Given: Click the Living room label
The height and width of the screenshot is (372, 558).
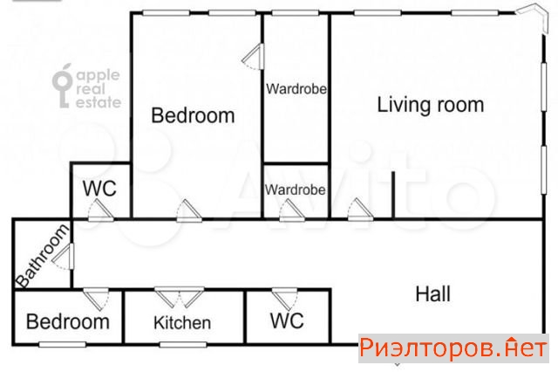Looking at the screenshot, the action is click(430, 105).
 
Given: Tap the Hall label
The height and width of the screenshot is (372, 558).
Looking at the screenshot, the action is click(432, 294).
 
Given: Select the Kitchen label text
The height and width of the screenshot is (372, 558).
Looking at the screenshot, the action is click(182, 323).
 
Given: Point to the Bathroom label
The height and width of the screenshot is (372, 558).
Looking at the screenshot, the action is click(43, 256).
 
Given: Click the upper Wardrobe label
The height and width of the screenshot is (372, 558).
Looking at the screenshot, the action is click(296, 89).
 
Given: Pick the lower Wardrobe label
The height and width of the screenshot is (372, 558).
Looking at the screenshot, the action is click(295, 189).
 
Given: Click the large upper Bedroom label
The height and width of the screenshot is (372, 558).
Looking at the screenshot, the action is click(193, 115).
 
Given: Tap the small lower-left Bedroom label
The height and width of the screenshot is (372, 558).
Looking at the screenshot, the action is click(68, 321).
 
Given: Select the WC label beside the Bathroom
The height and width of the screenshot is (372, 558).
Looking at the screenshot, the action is click(99, 188).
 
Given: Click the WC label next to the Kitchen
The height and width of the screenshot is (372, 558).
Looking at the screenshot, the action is click(287, 320).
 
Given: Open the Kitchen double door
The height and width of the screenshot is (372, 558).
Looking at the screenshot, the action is click(180, 297).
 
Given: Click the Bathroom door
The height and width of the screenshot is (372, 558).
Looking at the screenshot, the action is click(64, 256).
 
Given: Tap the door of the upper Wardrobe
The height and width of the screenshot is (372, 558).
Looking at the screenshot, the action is click(254, 56).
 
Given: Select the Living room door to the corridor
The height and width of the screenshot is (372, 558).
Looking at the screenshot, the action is click(360, 210).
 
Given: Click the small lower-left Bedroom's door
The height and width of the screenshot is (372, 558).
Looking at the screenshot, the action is click(96, 300).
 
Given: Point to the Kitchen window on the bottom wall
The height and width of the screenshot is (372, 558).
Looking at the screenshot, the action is click(183, 345).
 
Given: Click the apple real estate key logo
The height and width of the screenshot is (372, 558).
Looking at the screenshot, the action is click(63, 86).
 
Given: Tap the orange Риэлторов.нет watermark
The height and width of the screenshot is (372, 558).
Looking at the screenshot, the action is click(453, 348).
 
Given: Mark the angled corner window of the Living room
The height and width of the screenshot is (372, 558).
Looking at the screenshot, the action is click(533, 17).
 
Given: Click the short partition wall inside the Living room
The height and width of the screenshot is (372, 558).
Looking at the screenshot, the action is click(393, 195).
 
